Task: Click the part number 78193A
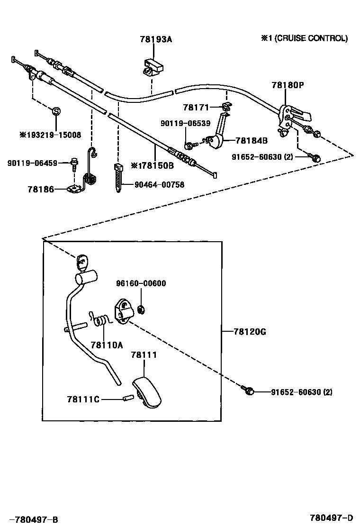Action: click(x=156, y=40)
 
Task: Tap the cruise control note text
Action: click(x=304, y=38)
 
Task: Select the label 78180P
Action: click(x=288, y=85)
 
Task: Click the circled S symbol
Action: click(x=56, y=111)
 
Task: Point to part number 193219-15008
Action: click(x=50, y=135)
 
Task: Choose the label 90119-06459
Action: click(x=32, y=163)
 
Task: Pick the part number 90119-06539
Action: click(x=185, y=123)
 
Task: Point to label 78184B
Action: click(x=252, y=140)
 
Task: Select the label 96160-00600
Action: click(x=141, y=283)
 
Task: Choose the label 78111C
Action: click(x=83, y=399)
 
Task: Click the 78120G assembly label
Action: click(x=250, y=332)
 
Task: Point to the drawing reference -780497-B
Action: click(x=33, y=519)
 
